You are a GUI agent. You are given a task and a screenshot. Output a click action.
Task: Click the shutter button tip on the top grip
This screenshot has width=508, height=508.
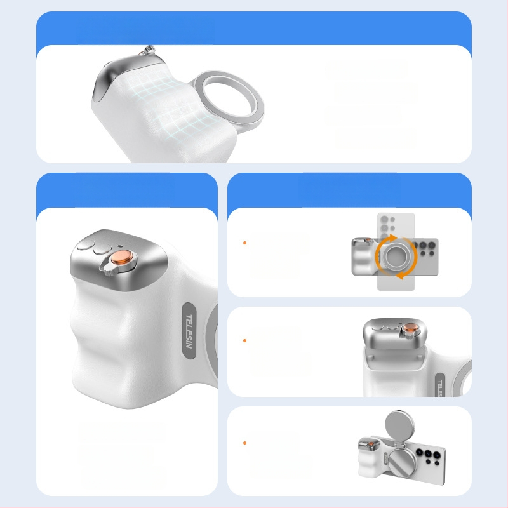pos(149,49)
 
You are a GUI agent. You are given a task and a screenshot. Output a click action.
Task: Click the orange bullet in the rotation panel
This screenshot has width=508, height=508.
pos(244,243)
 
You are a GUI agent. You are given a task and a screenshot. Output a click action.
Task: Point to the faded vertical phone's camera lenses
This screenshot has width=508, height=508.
pos(387,225)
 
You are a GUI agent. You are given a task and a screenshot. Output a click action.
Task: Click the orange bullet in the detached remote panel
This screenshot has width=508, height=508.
pos(244,341)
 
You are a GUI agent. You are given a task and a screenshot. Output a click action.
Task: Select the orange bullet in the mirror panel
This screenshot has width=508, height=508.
pos(244,443)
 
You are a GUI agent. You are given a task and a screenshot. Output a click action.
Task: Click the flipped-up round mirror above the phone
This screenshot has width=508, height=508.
pos(401,425)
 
